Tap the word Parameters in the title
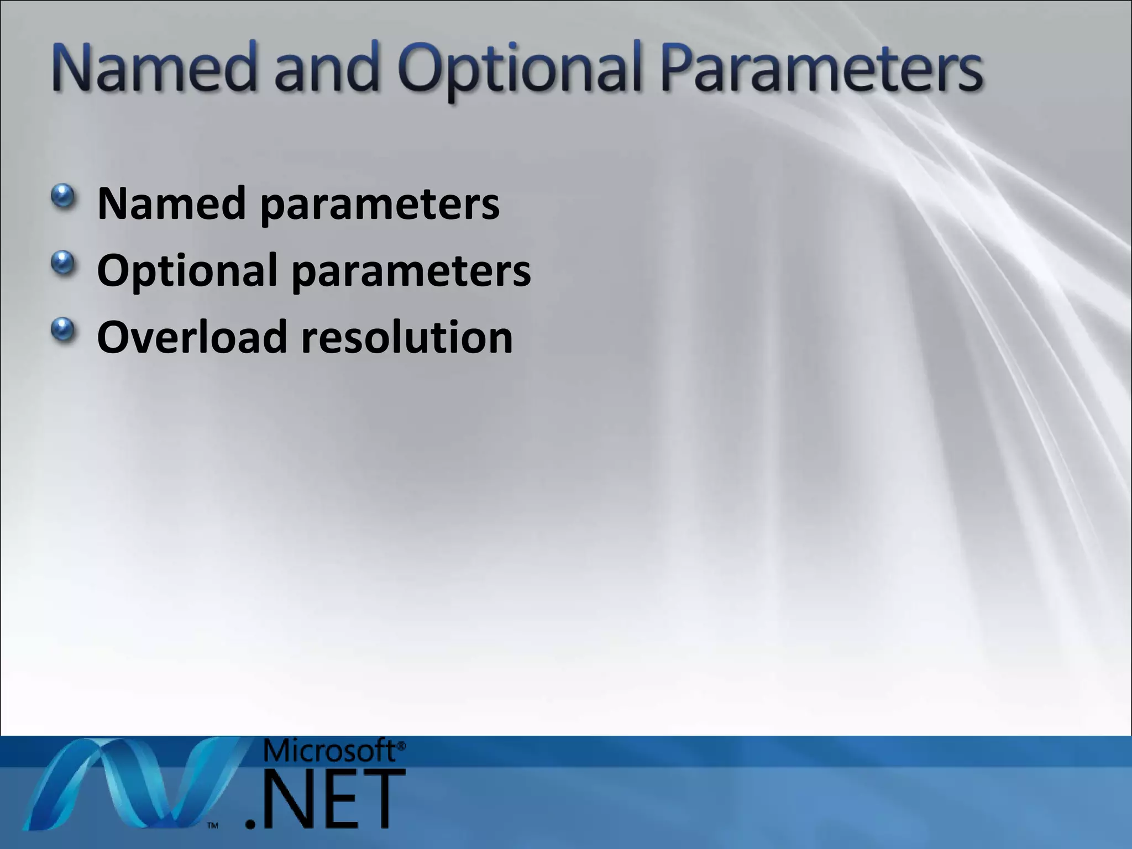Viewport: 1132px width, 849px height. pyautogui.click(x=821, y=69)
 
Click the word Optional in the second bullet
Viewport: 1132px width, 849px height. pyautogui.click(x=187, y=271)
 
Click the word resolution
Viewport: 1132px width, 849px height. pyautogui.click(x=407, y=337)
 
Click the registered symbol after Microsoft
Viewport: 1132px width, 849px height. pyautogui.click(x=401, y=746)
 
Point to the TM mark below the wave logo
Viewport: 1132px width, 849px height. pyautogui.click(x=213, y=826)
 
